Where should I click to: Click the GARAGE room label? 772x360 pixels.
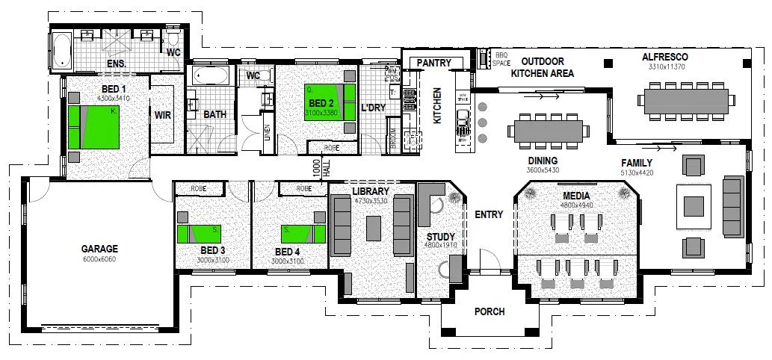99,248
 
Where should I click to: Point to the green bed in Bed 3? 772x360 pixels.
198,233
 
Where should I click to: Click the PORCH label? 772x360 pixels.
490,311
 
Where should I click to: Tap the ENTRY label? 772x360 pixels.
489,215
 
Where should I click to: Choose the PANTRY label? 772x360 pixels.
433,63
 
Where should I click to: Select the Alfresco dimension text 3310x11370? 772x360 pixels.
664,67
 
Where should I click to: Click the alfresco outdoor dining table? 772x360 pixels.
683,100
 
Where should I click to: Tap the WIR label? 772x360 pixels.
162,115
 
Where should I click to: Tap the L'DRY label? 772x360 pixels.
373,108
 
